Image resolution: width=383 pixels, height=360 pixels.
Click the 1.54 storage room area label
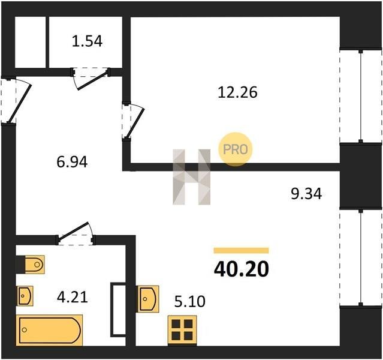[x=87, y=41]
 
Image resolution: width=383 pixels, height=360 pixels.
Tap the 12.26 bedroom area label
[x=237, y=92]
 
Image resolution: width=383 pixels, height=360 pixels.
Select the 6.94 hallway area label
[x=72, y=162]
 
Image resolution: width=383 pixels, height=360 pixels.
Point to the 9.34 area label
[x=306, y=194]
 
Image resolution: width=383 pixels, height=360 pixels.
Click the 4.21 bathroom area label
[x=73, y=298]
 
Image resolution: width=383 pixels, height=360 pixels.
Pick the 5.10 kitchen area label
[x=190, y=301]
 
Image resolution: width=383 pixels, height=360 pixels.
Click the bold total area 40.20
[x=242, y=269]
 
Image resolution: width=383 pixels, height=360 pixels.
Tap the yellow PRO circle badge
[x=235, y=149]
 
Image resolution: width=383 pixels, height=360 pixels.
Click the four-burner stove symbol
[x=182, y=330]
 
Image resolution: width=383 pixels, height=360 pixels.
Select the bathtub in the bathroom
[x=49, y=330]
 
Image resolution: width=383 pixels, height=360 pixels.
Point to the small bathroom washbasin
[x=25, y=296]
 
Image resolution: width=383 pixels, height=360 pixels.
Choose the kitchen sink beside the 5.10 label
[x=147, y=299]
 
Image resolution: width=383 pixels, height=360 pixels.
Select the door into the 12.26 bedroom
[x=134, y=121]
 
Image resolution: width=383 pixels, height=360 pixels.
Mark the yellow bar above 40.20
[x=242, y=250]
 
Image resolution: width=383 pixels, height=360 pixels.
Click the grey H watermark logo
[x=192, y=177]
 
